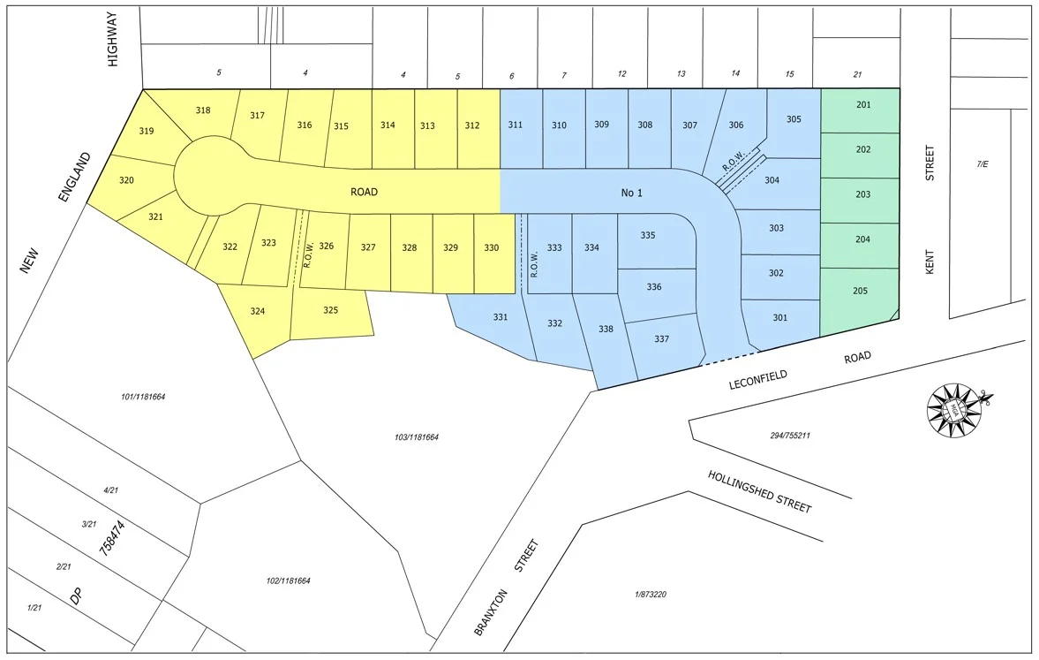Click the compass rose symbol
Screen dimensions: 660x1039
[x=954, y=409]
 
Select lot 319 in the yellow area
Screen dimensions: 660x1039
[x=147, y=132]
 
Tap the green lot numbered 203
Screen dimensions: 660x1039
[x=862, y=194]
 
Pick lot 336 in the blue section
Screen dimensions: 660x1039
[x=653, y=287]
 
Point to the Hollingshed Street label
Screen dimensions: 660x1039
[x=758, y=491]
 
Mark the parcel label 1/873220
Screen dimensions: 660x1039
[x=650, y=595]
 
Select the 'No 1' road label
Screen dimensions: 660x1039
[x=631, y=192]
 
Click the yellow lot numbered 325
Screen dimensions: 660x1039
[x=330, y=310]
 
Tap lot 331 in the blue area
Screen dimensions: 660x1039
[x=500, y=317]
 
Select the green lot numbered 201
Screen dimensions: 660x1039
[x=862, y=105]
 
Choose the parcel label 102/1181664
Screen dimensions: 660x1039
[x=288, y=580]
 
